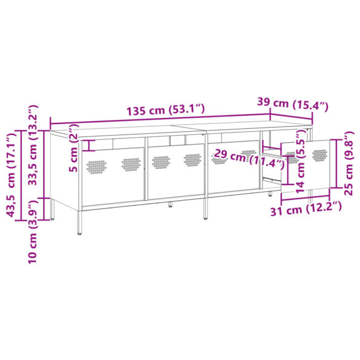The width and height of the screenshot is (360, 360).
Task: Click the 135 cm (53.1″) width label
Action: pos(166,111)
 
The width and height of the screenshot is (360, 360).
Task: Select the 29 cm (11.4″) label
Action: pos(240,159)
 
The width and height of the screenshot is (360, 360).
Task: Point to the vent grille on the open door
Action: pos(320,155)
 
